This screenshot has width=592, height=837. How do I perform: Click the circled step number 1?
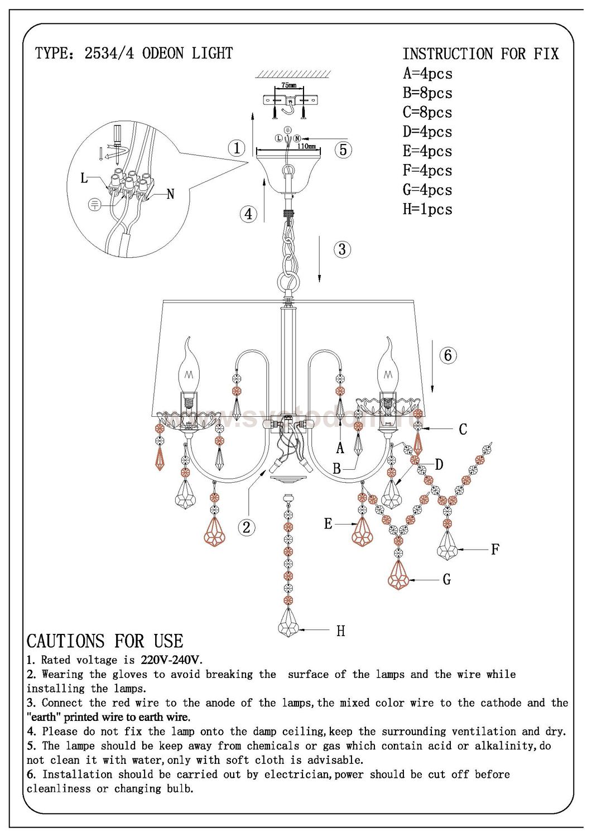(237, 148)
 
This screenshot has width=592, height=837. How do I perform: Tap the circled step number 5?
(343, 150)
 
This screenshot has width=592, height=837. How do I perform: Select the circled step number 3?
(343, 249)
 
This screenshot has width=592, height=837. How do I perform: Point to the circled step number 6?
(448, 355)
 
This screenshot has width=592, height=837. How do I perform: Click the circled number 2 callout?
(246, 527)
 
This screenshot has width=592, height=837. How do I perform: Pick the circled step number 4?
(248, 214)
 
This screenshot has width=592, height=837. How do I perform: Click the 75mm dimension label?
(289, 85)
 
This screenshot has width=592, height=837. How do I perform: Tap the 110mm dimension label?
(306, 146)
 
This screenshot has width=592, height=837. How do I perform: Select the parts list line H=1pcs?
(427, 209)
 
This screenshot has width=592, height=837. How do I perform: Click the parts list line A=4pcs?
(427, 74)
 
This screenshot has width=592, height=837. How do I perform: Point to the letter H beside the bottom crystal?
(341, 631)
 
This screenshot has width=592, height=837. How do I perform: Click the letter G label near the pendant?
(446, 580)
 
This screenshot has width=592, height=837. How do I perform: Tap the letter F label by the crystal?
(494, 550)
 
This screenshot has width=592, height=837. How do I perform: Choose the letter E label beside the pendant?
(328, 523)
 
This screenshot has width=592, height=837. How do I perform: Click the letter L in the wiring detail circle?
(84, 178)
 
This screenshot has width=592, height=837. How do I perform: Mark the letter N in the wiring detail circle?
(170, 194)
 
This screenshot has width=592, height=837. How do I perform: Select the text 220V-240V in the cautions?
(171, 660)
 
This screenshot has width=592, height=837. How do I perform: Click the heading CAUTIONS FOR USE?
(105, 641)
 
